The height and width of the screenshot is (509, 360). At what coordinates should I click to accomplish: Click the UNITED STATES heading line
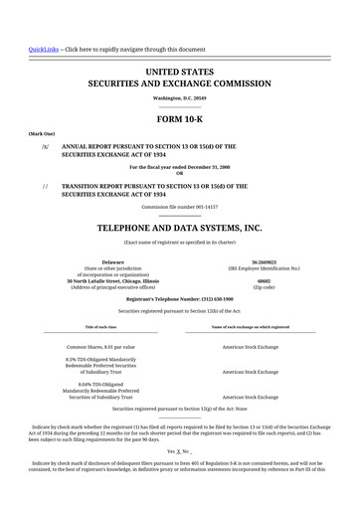point(180,74)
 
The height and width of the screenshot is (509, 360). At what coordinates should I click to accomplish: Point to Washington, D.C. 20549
point(180,99)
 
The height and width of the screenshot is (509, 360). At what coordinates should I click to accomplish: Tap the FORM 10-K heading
point(180,119)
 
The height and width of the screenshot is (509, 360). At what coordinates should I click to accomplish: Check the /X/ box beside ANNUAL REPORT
point(44,146)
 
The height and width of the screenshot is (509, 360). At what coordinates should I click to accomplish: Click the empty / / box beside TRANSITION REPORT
point(44,186)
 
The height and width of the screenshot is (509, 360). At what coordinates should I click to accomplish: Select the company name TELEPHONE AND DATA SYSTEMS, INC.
point(180,227)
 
